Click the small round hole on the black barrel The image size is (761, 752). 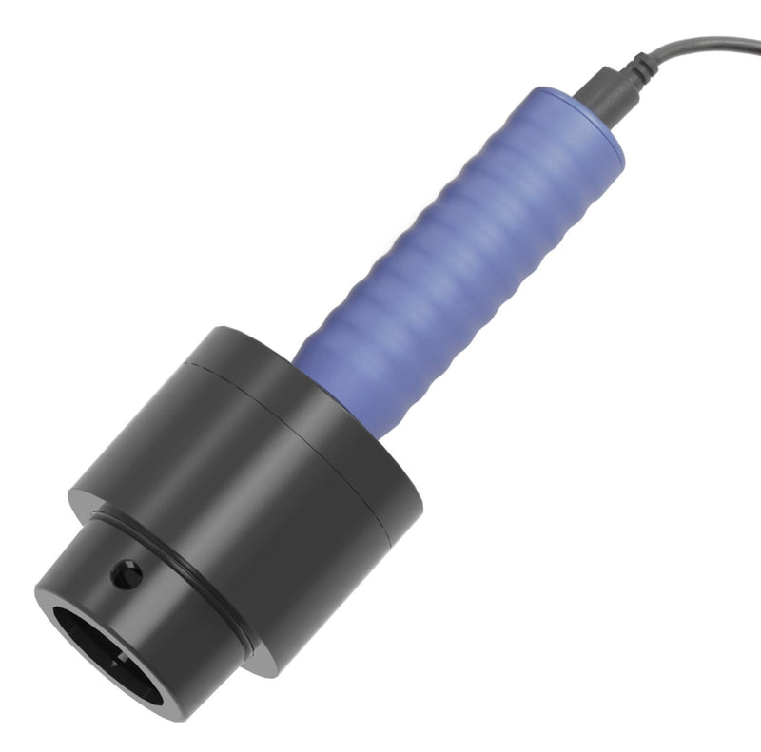click(x=126, y=573)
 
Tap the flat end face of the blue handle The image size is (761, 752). click(x=590, y=114)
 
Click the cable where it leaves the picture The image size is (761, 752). click(x=756, y=43)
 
